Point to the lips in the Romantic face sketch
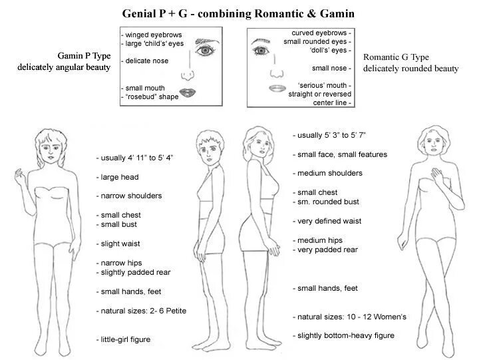tap(277, 87)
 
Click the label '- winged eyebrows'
tap(152, 35)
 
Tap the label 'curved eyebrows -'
tap(321, 32)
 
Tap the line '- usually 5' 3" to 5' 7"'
tap(329, 135)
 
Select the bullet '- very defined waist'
tap(327, 221)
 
